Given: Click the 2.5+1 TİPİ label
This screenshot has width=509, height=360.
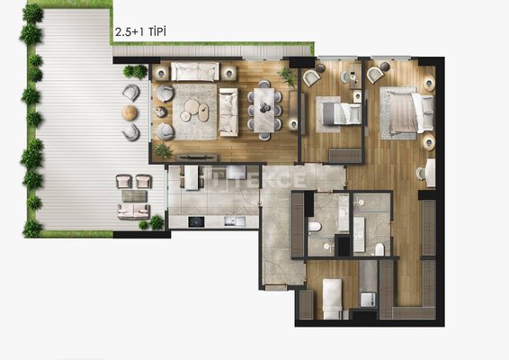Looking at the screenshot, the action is point(140,32).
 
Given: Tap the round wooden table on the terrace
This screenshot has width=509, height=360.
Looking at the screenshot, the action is point(129,112).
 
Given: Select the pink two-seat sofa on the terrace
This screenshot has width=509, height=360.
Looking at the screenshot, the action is point(133,211).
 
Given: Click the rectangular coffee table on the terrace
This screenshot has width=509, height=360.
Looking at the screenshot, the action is point(134,196).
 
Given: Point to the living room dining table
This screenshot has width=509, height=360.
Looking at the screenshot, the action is point(263,110).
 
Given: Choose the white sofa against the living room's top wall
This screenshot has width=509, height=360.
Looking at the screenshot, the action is point(195,71).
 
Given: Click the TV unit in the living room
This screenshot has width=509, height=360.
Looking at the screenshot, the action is point(197,157).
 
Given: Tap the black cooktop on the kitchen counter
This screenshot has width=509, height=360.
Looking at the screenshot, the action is point(196,221).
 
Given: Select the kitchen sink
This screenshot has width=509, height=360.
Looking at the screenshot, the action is point(235,221).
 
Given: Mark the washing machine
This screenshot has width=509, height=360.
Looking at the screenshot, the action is point(368,300).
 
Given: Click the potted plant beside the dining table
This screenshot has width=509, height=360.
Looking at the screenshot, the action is point(287,76).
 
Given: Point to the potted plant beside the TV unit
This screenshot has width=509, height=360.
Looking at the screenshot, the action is point(164,151).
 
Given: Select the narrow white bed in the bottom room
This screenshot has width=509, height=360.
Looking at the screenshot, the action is point(332,299).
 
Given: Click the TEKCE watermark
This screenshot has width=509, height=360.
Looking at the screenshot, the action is point(260,180).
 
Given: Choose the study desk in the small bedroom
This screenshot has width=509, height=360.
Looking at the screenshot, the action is point(355,76).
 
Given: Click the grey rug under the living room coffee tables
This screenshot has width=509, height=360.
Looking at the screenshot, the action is point(195,112).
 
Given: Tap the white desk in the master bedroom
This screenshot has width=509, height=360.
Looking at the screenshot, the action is point(431,173).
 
